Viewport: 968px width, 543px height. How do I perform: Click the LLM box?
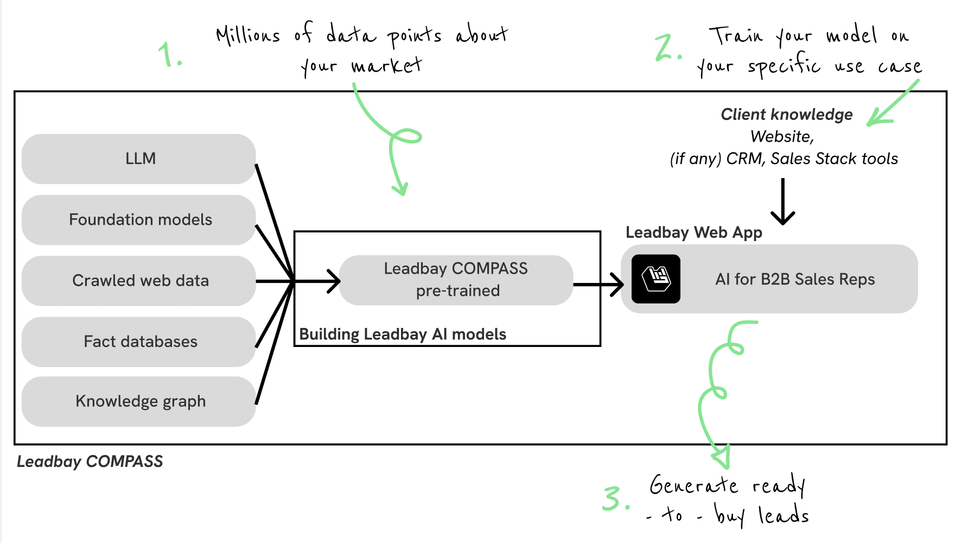tap(139, 159)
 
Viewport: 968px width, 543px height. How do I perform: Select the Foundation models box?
tap(139, 220)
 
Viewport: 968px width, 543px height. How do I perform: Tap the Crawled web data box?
tap(139, 281)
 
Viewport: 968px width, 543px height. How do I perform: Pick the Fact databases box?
tap(139, 342)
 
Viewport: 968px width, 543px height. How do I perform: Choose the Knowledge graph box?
tap(139, 401)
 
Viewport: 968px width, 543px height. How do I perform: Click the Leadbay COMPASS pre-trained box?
tap(456, 280)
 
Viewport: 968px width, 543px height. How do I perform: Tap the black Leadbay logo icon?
tap(656, 279)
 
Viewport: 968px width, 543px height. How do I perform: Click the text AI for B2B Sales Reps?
tap(795, 279)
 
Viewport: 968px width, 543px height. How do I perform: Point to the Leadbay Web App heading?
tap(694, 233)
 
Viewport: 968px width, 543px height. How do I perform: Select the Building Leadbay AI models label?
tap(403, 334)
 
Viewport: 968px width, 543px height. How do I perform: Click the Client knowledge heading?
tap(787, 115)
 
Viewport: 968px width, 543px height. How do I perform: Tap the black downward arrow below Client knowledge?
tap(783, 201)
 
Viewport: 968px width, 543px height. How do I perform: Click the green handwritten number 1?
tap(170, 54)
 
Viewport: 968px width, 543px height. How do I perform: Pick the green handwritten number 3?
tap(616, 498)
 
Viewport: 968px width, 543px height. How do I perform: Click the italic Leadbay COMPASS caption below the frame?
tap(90, 462)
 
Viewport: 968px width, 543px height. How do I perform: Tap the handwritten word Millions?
tap(248, 35)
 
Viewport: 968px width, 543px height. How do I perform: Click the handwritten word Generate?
tap(694, 484)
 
